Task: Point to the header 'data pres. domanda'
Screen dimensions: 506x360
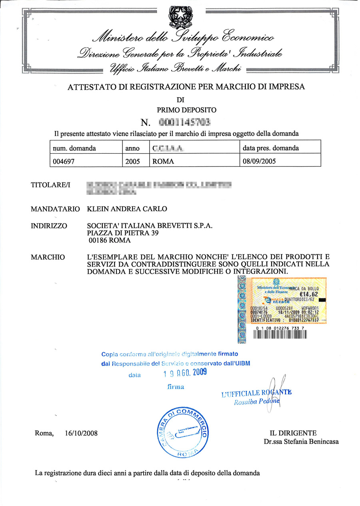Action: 271,148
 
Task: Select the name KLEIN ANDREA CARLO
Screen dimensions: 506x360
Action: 127,209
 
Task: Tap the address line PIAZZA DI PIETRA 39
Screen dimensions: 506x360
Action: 120,233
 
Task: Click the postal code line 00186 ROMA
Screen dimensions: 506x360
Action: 108,241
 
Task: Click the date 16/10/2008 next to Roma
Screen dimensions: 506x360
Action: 80,433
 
